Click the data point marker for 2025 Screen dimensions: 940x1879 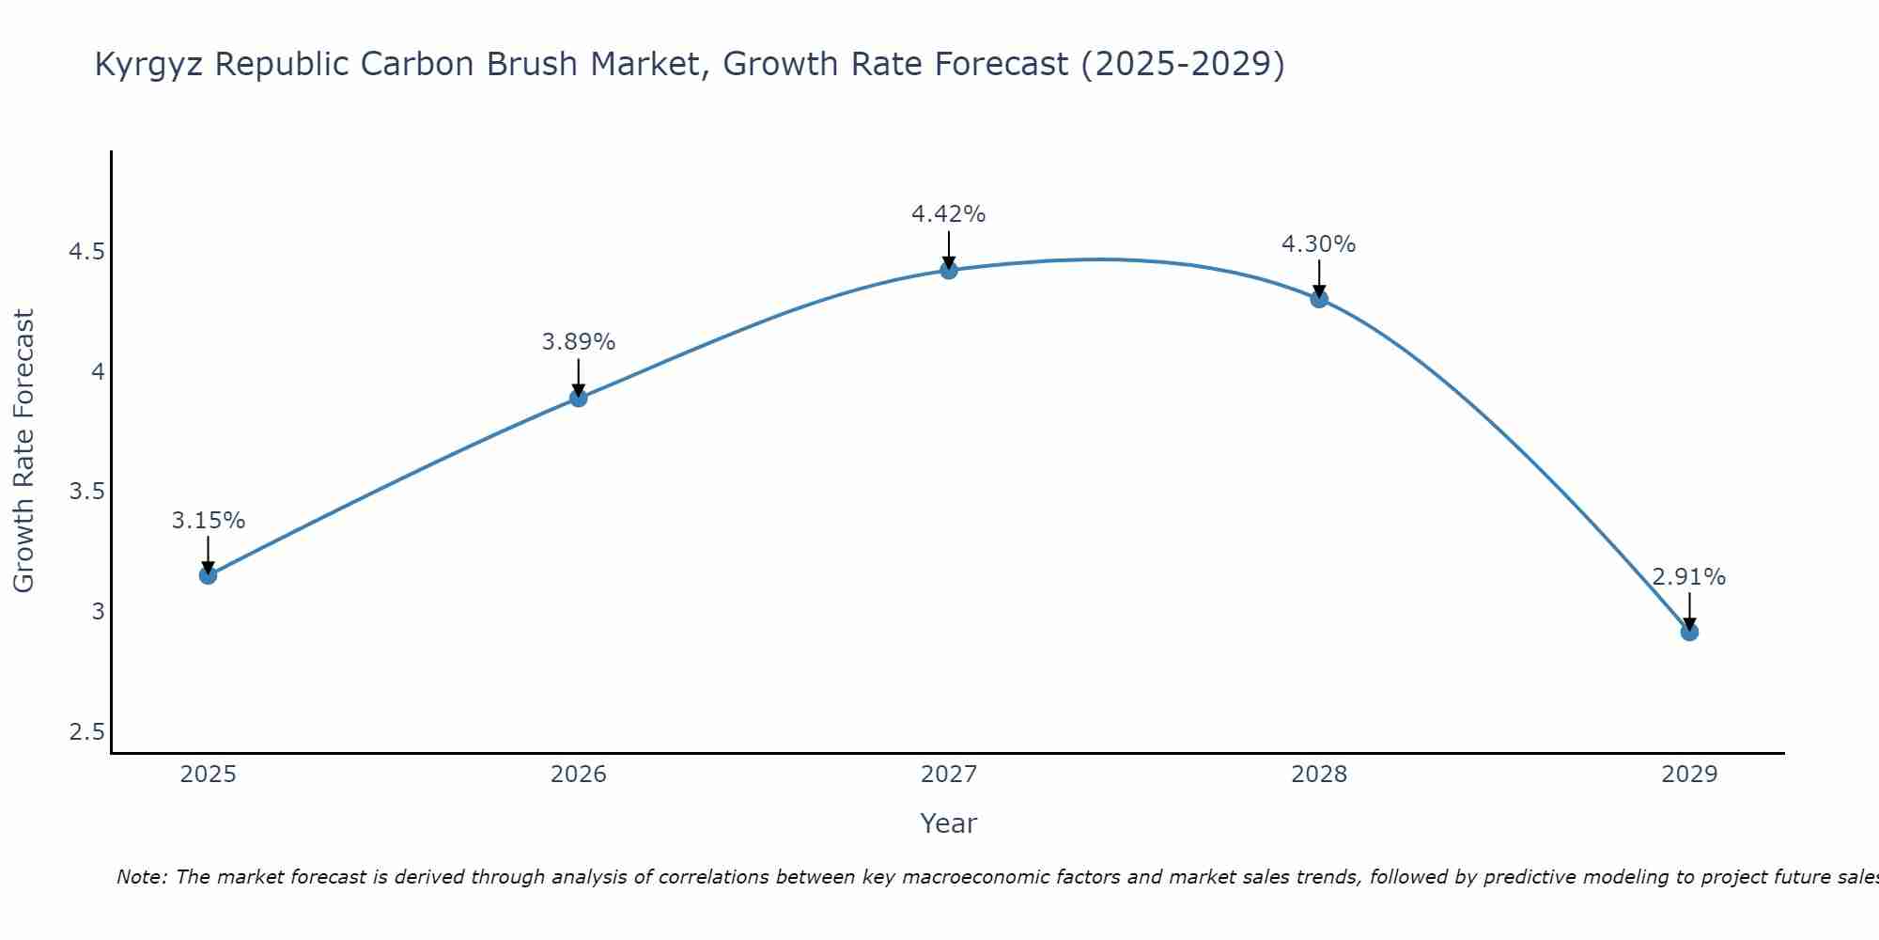[x=208, y=575]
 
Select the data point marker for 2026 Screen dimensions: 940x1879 [x=579, y=398]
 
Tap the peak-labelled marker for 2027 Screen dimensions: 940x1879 [x=949, y=271]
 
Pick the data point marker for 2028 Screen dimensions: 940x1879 [x=1319, y=299]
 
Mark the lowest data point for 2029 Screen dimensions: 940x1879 [x=1689, y=632]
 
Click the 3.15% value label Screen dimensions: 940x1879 [x=208, y=521]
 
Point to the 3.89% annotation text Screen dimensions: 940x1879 [x=579, y=342]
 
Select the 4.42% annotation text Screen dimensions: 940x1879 [x=949, y=214]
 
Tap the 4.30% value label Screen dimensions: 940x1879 [x=1319, y=244]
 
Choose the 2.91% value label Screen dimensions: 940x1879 [x=1689, y=577]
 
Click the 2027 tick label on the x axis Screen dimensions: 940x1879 [x=949, y=775]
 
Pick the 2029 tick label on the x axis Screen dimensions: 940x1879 [x=1689, y=775]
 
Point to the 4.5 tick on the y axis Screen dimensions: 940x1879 [x=86, y=252]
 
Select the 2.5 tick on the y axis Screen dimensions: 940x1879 [x=86, y=732]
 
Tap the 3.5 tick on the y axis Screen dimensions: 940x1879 [x=86, y=492]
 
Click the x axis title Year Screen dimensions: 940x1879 [x=949, y=823]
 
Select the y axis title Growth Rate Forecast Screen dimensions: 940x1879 [x=23, y=451]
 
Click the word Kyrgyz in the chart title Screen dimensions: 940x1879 [x=150, y=65]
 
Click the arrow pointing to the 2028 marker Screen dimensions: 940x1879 [x=1319, y=279]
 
